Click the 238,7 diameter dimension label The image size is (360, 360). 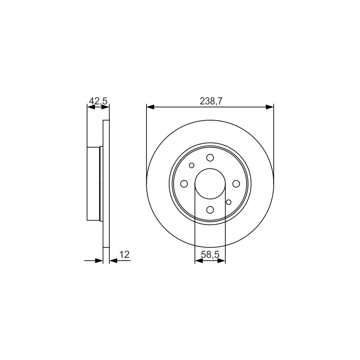pyautogui.click(x=211, y=101)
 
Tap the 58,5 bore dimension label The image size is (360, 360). pyautogui.click(x=210, y=254)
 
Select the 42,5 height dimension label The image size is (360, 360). pyautogui.click(x=98, y=101)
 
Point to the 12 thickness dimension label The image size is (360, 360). pyautogui.click(x=125, y=254)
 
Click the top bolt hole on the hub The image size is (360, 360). pyautogui.click(x=210, y=158)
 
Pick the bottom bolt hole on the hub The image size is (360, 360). pyautogui.click(x=210, y=210)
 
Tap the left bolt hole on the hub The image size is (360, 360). pyautogui.click(x=184, y=184)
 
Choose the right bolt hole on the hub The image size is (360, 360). pyautogui.click(x=236, y=184)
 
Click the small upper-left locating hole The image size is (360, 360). pyautogui.click(x=192, y=165)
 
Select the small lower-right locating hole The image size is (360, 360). pyautogui.click(x=229, y=202)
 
